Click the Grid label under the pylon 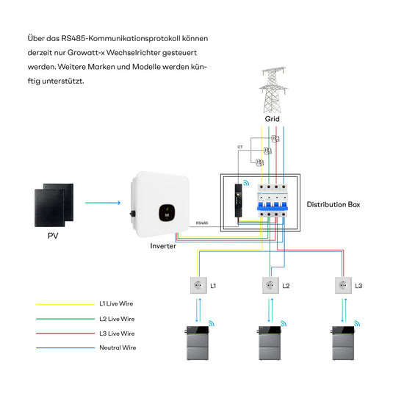[x=273, y=119]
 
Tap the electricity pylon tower [x=273, y=90]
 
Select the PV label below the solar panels [x=53, y=236]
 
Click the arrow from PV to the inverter [x=103, y=203]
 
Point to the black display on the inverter [x=167, y=212]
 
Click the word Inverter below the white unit [x=163, y=246]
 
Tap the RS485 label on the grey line [x=202, y=223]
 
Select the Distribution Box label [x=333, y=204]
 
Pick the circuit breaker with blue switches [x=273, y=201]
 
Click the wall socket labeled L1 [x=198, y=285]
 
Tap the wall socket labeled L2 [x=270, y=285]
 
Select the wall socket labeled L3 [x=343, y=285]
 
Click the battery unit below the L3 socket [x=343, y=343]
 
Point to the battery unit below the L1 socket [x=198, y=343]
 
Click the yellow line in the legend [x=65, y=304]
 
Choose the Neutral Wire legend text [x=118, y=347]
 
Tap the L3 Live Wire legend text [x=117, y=333]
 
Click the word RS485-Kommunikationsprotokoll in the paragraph [x=120, y=39]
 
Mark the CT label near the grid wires [x=240, y=147]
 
